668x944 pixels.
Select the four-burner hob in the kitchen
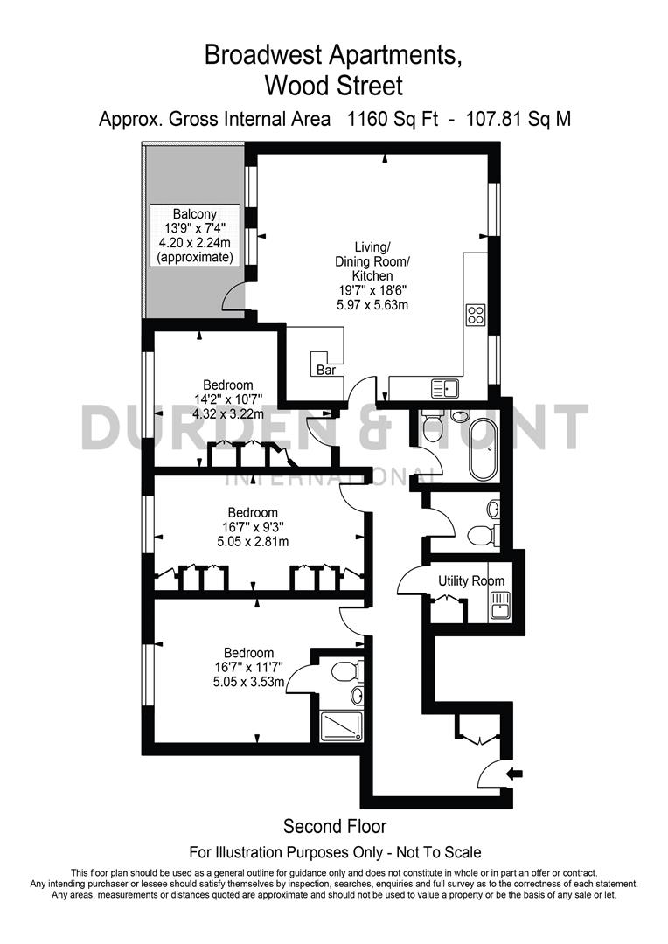[477, 315]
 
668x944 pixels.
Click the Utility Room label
[471, 580]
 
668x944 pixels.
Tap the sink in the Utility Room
[501, 604]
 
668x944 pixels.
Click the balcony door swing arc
[233, 297]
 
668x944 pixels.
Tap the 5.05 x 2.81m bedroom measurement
[253, 541]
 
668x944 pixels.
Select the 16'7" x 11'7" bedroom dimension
[248, 668]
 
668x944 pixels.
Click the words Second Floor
[334, 826]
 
